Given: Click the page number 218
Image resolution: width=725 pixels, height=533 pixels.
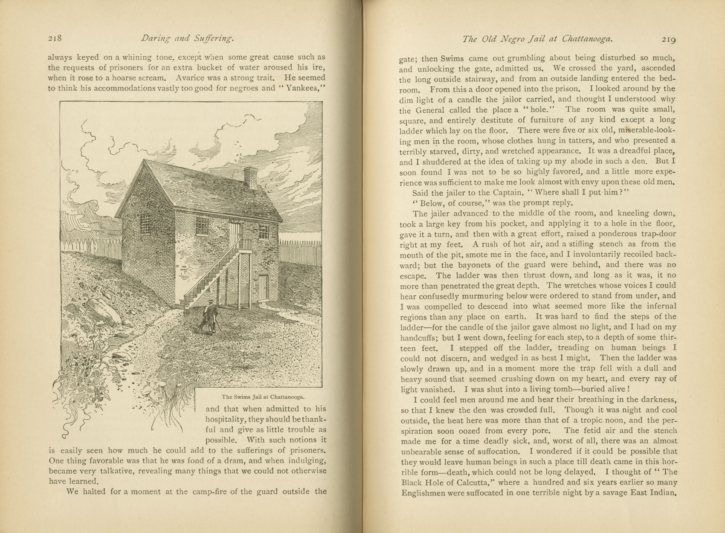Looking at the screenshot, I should [x=55, y=38].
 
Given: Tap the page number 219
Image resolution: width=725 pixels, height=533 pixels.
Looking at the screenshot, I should [x=669, y=39].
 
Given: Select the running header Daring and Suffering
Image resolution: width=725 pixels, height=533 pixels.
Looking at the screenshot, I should [x=187, y=39].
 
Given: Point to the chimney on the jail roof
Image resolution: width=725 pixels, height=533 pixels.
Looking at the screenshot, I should [x=250, y=177].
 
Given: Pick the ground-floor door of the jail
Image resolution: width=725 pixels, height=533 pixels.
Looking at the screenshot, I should [x=263, y=288].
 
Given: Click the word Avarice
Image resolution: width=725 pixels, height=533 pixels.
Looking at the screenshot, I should [x=191, y=78].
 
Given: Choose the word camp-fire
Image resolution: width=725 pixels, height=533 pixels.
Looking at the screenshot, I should [x=210, y=492].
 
